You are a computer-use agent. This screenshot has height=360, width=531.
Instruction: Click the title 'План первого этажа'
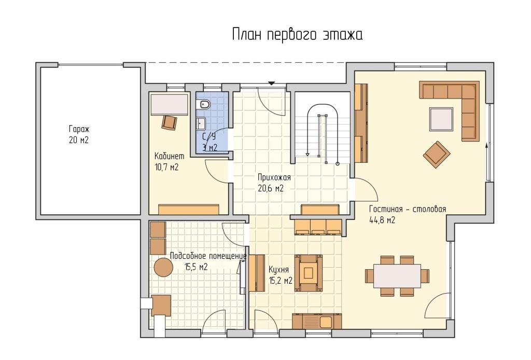coord(297,35)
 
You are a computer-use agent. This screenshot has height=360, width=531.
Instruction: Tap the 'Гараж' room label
coord(79,129)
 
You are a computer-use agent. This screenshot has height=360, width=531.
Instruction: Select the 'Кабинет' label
coord(170,156)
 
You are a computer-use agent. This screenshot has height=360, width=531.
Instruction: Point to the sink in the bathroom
coord(201,123)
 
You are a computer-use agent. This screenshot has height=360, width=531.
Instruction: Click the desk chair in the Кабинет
coord(170,122)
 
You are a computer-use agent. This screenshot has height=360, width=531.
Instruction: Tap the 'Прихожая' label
coord(274,177)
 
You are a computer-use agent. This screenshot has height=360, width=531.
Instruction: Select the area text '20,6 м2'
coord(271,188)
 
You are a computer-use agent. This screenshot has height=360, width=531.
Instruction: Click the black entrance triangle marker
coord(272,83)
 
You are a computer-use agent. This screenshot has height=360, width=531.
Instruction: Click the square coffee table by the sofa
coord(441,119)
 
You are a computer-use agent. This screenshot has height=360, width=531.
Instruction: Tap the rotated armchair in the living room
coord(437,155)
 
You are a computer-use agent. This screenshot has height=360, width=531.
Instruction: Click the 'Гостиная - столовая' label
coord(408,209)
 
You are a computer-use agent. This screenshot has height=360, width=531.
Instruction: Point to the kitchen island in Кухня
coord(308,273)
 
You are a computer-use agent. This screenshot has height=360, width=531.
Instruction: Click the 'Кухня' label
coord(278,270)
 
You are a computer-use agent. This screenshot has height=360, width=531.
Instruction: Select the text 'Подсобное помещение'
coord(208,256)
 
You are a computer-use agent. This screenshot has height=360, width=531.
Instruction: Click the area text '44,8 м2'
coord(382,220)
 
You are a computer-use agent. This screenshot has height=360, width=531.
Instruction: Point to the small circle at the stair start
coord(337,164)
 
